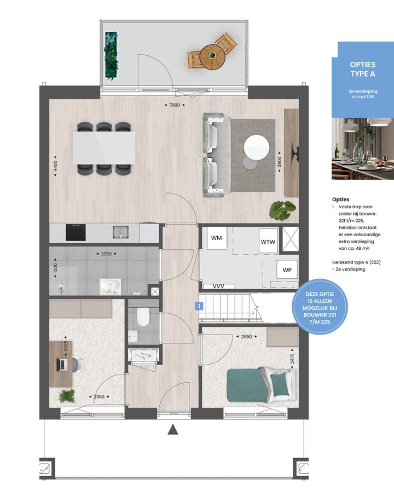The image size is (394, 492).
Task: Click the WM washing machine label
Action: coord(216,238)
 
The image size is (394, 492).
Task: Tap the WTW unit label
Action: coord(268,241)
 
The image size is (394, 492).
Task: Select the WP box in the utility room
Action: coord(286,270)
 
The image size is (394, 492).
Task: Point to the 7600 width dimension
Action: coord(175,105)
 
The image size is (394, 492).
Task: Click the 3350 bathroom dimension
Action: coord(107,254)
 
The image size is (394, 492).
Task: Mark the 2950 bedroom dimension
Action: coord(246,337)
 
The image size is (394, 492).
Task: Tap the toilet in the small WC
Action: coord(143,317)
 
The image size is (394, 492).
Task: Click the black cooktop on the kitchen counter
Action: coord(76,232)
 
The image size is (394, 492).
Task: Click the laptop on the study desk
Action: coord(63,364)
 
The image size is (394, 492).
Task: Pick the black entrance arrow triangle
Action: coord(173,430)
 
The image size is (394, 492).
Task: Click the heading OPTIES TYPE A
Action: coord(363,69)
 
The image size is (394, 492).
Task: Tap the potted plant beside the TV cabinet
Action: coord(283,209)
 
